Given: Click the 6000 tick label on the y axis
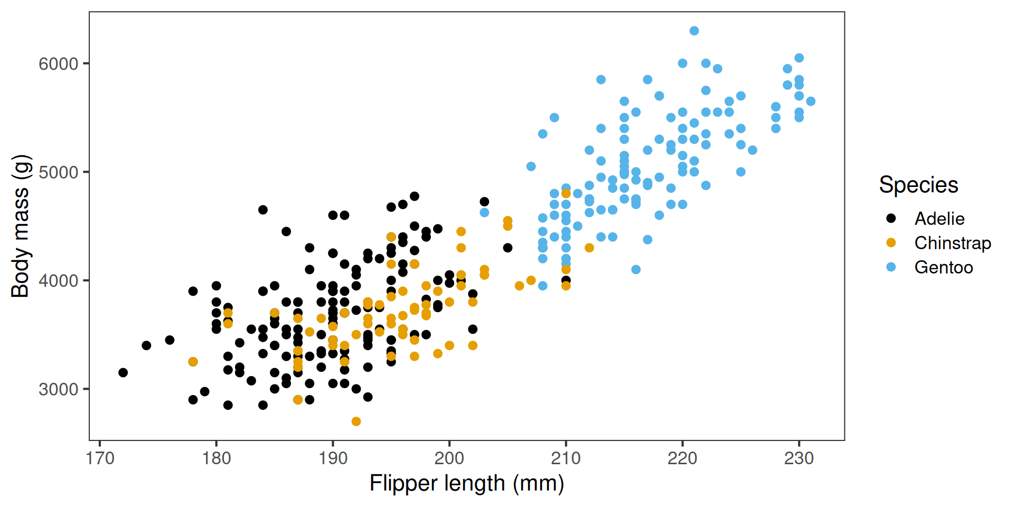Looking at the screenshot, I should tap(58, 64).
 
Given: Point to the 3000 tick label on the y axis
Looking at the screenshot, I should tap(58, 390).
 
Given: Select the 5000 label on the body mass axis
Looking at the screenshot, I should tap(58, 173).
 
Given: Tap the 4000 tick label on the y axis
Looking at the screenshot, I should tap(58, 281).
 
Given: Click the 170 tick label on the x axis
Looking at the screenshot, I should tap(100, 458).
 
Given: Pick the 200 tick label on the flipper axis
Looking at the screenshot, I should tap(449, 458).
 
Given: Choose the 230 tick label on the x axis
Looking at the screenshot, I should tap(799, 458).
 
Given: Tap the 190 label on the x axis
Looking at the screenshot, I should tap(333, 458).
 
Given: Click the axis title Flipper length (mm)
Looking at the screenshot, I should tap(466, 483).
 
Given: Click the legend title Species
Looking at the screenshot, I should tap(918, 185).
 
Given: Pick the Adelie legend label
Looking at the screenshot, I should tap(939, 219).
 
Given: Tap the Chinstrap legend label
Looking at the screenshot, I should tap(952, 243).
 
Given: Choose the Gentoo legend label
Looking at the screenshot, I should tap(943, 267).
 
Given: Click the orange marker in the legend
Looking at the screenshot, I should tap(891, 243).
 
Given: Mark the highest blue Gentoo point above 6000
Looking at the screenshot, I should tap(694, 31).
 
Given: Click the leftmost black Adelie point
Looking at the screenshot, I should tap(123, 372).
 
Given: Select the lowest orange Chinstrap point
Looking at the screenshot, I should tap(356, 421).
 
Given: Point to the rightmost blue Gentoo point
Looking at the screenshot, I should tap(811, 101).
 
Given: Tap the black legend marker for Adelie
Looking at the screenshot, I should tap(891, 218).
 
